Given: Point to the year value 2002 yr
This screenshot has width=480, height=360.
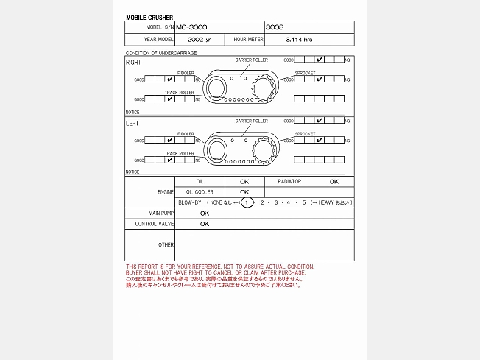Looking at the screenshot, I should coord(199,40).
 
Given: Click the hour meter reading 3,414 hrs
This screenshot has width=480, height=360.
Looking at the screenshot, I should coord(299,40).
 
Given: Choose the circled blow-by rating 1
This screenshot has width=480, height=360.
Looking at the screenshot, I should coord(247,202).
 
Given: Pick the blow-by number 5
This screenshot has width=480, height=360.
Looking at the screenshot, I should coord(303,202).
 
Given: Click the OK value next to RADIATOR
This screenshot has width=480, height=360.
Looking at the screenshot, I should coord(334,181).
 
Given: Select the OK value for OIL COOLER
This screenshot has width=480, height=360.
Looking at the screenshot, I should coord(244,192).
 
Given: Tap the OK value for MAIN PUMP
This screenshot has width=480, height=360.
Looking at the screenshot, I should coord(205,213).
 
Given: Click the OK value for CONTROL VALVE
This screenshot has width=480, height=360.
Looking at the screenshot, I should coord(205,224).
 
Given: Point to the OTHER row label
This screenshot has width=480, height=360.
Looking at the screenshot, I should coord(166,244).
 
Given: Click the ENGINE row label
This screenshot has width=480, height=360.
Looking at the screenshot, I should coord(166,192).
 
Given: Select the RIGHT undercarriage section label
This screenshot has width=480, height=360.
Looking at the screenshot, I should coord(133,63).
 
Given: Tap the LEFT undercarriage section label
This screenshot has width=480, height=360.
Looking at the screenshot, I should coord(133,123).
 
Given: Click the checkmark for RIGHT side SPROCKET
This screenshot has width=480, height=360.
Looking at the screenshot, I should coord(320,79).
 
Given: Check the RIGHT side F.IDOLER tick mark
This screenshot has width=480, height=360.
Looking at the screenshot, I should coord(170,79).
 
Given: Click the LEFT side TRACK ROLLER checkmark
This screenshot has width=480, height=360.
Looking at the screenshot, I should coord(170,159).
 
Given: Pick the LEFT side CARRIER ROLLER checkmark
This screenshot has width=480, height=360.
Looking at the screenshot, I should coord(320,120).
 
